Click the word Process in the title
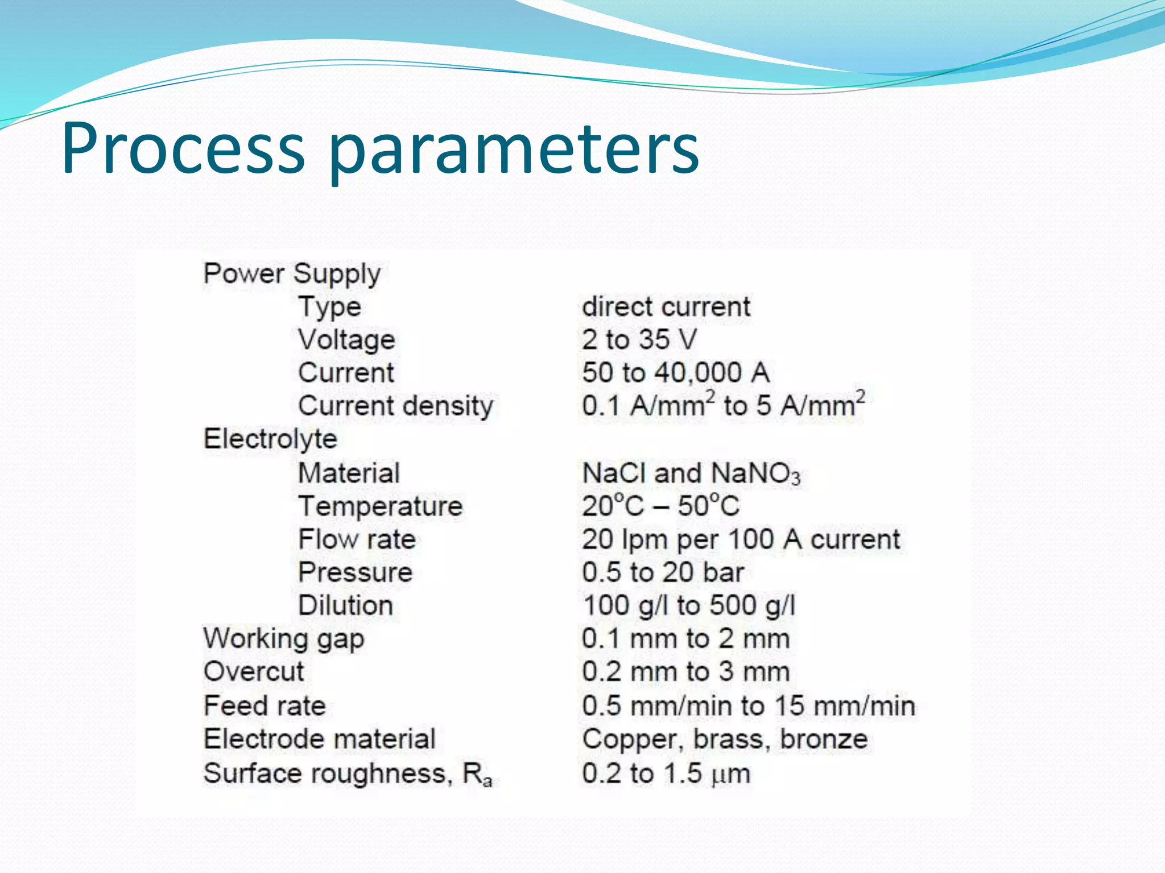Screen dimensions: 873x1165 click(183, 149)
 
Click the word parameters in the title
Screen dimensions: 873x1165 click(514, 151)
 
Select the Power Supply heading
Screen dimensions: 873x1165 click(292, 274)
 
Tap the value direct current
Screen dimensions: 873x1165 click(666, 307)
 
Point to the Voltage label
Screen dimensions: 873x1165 click(346, 340)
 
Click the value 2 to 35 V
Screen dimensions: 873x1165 click(639, 340)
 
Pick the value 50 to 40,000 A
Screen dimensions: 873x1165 click(675, 373)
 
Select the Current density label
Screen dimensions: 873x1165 click(395, 406)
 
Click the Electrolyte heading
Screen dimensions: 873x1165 click(270, 439)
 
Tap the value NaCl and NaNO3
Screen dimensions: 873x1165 click(691, 473)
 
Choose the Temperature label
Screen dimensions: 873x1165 click(381, 506)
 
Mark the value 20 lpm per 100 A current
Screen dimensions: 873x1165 click(741, 539)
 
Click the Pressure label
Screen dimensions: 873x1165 click(355, 572)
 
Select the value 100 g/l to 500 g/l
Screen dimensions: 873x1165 click(689, 605)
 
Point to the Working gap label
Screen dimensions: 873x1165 click(284, 639)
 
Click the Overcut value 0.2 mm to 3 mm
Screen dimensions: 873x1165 click(685, 672)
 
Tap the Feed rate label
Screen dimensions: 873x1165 click(265, 706)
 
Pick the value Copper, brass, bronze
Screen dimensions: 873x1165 click(725, 739)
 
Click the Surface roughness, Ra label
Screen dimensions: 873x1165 click(347, 774)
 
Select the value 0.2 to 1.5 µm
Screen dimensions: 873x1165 click(666, 774)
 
